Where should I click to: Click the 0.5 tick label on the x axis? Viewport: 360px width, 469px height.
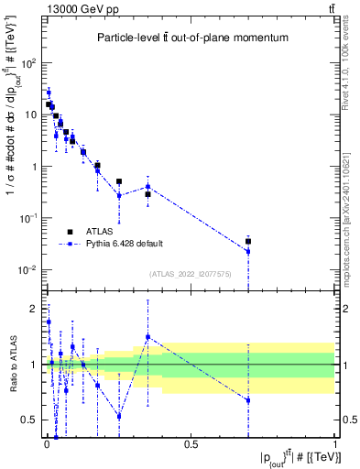pyautogui.click(x=191, y=444)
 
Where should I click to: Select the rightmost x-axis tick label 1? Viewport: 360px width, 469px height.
pyautogui.click(x=335, y=444)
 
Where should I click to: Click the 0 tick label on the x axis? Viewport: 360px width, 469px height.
pyautogui.click(x=46, y=444)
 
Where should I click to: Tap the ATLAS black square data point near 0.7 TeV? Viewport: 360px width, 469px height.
pyautogui.click(x=248, y=242)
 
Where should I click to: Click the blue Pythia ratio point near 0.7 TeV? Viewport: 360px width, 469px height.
pyautogui.click(x=248, y=400)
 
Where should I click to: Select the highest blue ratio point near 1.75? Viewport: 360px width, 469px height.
pyautogui.click(x=49, y=322)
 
